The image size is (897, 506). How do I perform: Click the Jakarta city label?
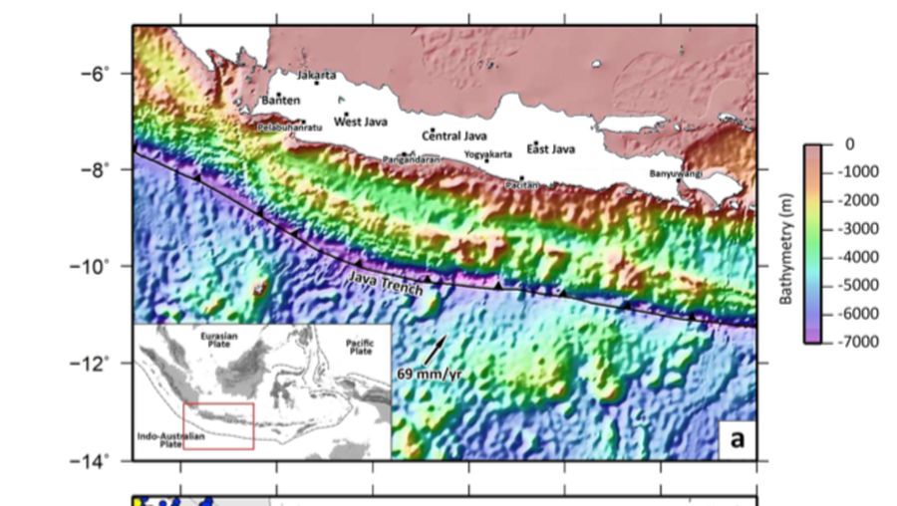point(317,75)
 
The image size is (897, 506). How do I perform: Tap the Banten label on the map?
point(280,101)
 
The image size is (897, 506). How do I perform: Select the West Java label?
point(361,122)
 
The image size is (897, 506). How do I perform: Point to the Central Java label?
point(454,134)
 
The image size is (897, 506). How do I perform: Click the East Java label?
point(551,149)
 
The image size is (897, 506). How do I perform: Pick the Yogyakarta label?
point(488,154)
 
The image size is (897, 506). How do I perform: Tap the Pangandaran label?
point(412,159)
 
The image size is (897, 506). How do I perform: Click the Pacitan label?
point(522,184)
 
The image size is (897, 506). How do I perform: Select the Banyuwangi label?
point(676,173)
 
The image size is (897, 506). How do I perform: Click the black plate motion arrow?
point(436,349)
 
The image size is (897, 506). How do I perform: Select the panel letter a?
point(737,438)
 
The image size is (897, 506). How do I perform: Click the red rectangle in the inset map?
point(218,425)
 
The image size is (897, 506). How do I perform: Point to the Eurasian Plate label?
point(218,340)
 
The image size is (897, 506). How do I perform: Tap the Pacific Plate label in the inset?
point(360,347)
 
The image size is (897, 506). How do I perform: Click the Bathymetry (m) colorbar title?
point(786,243)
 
